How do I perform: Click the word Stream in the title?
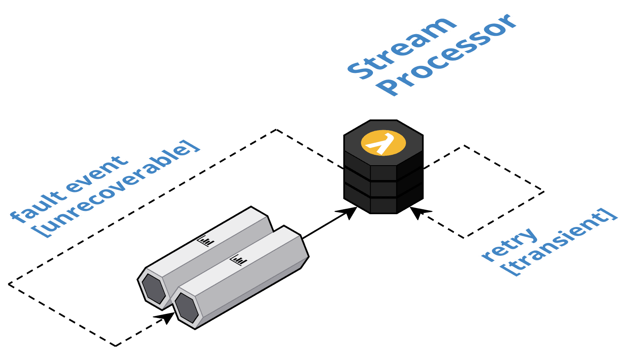402,48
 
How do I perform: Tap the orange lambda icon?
383,143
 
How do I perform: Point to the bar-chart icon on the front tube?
239,260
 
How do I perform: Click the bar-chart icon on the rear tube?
206,241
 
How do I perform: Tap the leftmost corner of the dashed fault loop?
9,284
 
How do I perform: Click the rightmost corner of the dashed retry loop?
544,192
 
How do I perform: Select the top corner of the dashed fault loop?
277,130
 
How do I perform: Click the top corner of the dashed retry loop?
464,145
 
